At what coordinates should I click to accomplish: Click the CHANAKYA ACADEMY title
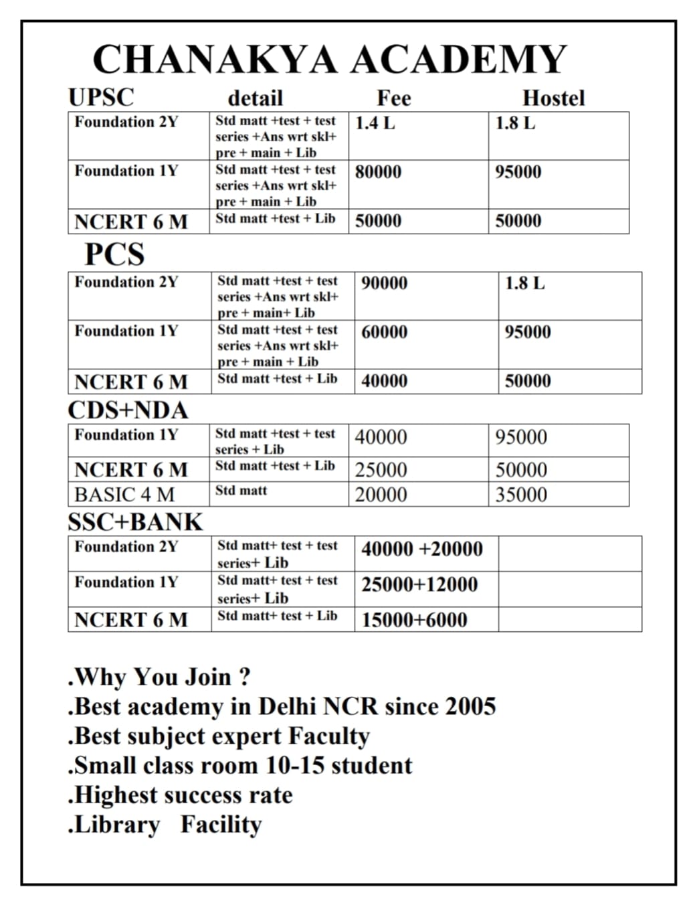coord(330,59)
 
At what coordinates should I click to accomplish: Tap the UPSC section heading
coord(101,97)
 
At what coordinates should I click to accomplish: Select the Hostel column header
coord(553,98)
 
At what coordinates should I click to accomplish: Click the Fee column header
coord(393,98)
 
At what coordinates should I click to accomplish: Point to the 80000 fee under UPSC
coord(378,172)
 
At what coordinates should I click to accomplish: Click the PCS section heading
coord(114,254)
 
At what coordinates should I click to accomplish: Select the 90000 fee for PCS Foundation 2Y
coord(384,283)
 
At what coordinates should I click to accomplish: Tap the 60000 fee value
coord(384,332)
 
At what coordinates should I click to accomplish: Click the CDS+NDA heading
coord(128,410)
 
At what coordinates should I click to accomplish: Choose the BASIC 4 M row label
coord(124,495)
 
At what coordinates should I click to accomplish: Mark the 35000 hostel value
coord(521,495)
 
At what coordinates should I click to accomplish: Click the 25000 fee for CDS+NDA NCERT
coord(381,470)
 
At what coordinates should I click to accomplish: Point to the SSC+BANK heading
coord(135,522)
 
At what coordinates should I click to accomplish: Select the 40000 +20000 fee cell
coord(421,550)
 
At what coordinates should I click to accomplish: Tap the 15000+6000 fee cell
coord(414,620)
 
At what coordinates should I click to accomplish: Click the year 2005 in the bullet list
coord(470,707)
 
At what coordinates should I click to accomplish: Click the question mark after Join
coord(244,677)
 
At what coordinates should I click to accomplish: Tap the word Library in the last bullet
coord(116,825)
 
